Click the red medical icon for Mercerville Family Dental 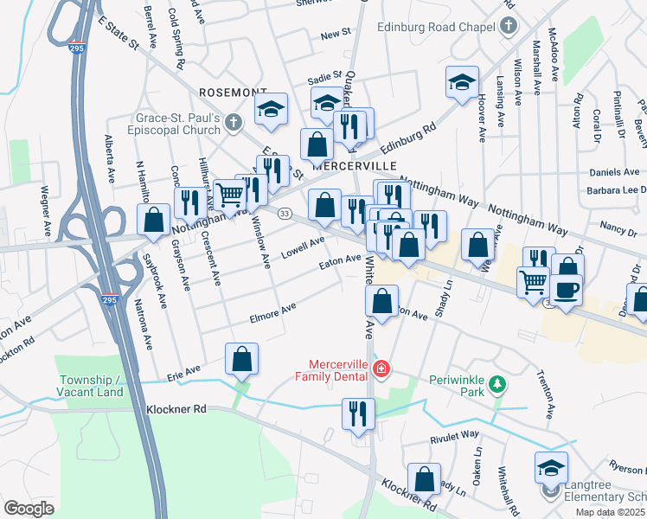(x=381, y=370)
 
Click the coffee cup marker (x=566, y=291)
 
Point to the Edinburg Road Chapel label (x=451, y=26)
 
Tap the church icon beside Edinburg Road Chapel (x=509, y=26)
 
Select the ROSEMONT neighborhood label (x=232, y=92)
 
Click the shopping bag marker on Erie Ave (x=242, y=359)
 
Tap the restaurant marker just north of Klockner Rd (x=356, y=413)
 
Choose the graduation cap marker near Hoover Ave (x=463, y=83)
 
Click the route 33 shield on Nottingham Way (x=283, y=213)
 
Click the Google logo (x=29, y=508)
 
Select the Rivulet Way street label (x=454, y=435)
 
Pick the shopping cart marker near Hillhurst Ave (x=229, y=195)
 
